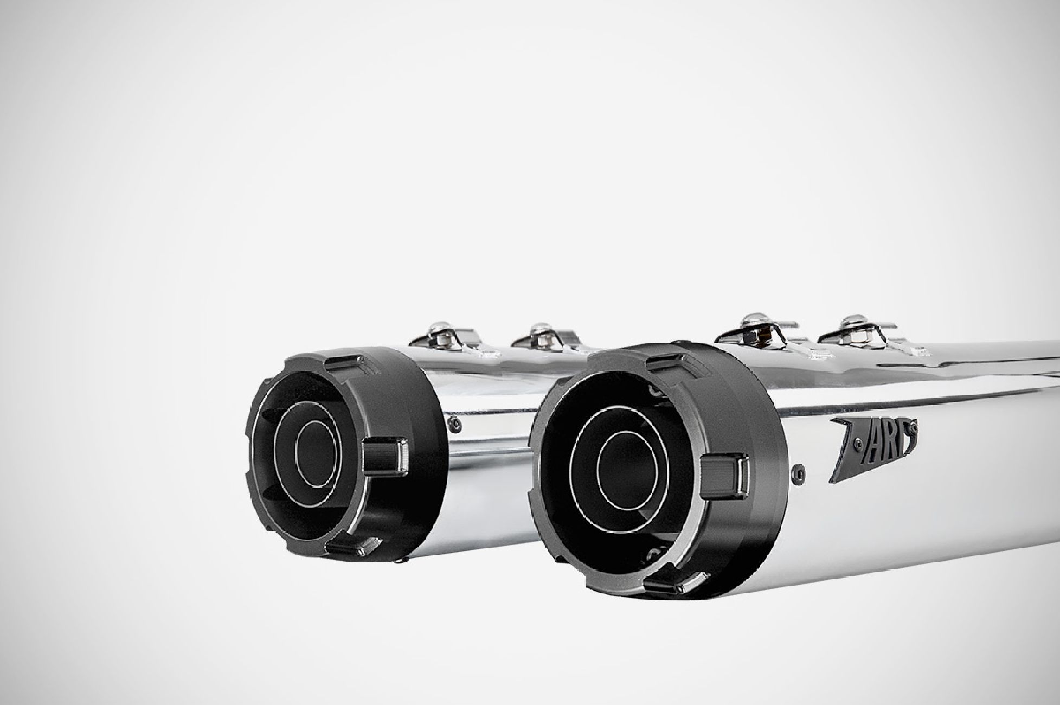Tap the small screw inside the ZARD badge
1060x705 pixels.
[857, 444]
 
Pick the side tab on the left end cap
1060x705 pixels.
[386, 456]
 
